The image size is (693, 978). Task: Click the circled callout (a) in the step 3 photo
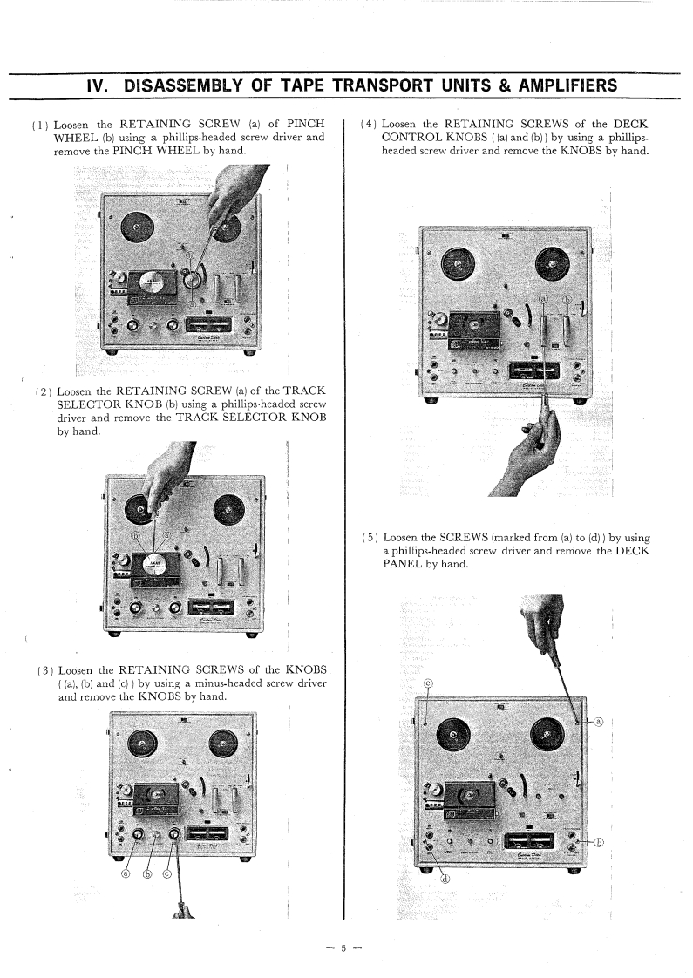click(126, 896)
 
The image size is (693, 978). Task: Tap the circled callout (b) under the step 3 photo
click(148, 896)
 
